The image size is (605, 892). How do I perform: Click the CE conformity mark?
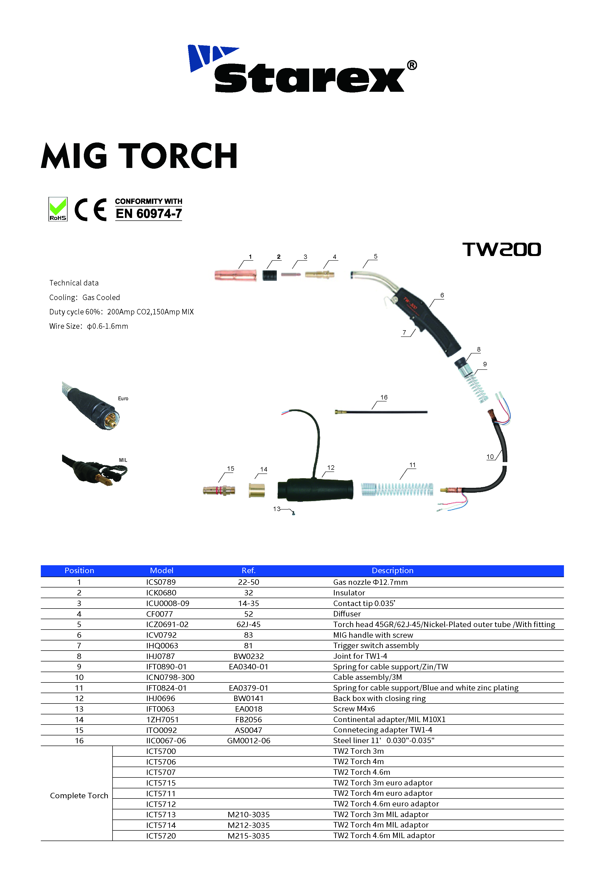(91, 210)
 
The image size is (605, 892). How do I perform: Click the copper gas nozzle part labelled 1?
(235, 275)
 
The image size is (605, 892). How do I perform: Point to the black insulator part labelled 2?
(270, 275)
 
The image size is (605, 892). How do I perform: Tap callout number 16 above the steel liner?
(384, 397)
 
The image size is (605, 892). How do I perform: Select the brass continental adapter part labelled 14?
(257, 490)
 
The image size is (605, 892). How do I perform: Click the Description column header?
(392, 570)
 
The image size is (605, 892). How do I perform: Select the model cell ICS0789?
(161, 582)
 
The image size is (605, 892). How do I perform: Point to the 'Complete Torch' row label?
(79, 795)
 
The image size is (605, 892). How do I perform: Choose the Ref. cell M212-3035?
(248, 825)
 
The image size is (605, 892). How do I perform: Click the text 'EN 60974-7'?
(149, 213)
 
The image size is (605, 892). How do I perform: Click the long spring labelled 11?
(397, 489)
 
